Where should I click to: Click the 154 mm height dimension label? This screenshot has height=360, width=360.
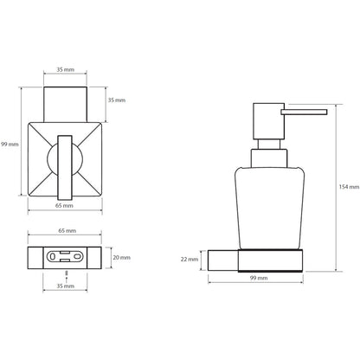pos(349,187)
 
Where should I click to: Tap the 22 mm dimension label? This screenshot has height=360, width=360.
pos(190,260)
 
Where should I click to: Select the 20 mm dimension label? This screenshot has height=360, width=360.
pos(121,257)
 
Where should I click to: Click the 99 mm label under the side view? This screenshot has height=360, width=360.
pos(259,278)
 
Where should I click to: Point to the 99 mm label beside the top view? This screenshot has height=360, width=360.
pos(10,144)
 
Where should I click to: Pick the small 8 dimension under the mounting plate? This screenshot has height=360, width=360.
pos(67,273)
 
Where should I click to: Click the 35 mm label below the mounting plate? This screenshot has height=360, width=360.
pos(65,286)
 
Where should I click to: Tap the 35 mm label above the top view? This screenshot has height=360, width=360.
pos(65,69)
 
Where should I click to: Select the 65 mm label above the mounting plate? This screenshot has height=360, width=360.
pos(67,230)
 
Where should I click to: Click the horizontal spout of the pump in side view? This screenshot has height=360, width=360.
pos(305,112)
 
